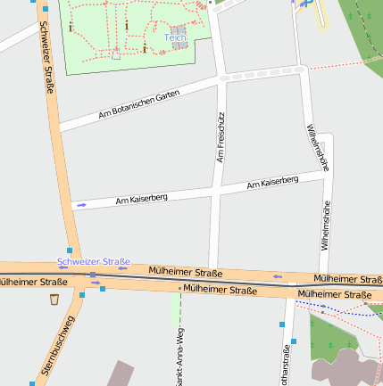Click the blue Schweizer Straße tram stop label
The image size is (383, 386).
pos(94,261)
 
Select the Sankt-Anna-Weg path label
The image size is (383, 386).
pos(180,357)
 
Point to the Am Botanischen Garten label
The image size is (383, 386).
pos(133,104)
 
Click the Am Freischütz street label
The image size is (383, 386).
pos(221,137)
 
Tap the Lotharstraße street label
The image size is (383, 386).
pos(287,365)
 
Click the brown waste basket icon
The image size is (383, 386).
pos(55,299)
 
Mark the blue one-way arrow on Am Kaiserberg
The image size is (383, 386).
pos(82,205)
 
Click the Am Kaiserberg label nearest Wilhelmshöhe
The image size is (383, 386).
pos(272,182)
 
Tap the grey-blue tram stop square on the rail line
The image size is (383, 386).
pos(93,275)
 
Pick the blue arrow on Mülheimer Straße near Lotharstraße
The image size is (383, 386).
pos(278,277)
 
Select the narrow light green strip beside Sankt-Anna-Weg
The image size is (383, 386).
pos(174,308)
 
